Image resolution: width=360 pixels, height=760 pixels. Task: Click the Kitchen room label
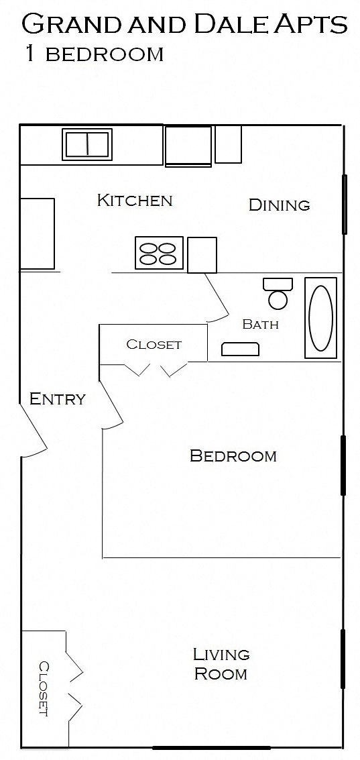pyautogui.click(x=135, y=200)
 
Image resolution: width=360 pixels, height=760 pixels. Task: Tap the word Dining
pyautogui.click(x=279, y=205)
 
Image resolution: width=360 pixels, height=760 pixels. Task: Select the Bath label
pyautogui.click(x=260, y=324)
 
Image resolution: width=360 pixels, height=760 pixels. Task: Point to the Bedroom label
pyautogui.click(x=233, y=455)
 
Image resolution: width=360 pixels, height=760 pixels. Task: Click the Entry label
pyautogui.click(x=57, y=399)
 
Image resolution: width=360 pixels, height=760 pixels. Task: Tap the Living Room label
pyautogui.click(x=221, y=664)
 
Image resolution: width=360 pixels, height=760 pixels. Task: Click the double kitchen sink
pyautogui.click(x=86, y=144)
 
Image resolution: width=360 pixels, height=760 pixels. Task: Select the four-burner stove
pyautogui.click(x=158, y=252)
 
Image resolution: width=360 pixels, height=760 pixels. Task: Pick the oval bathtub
pyautogui.click(x=320, y=318)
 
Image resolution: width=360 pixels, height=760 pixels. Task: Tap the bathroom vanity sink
pyautogui.click(x=240, y=349)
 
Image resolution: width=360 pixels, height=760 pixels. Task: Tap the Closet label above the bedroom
pyautogui.click(x=154, y=345)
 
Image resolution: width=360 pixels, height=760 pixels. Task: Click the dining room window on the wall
pyautogui.click(x=345, y=205)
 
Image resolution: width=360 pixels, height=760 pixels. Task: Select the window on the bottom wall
pyautogui.click(x=211, y=747)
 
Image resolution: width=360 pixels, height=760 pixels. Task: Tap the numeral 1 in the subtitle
pyautogui.click(x=30, y=53)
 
